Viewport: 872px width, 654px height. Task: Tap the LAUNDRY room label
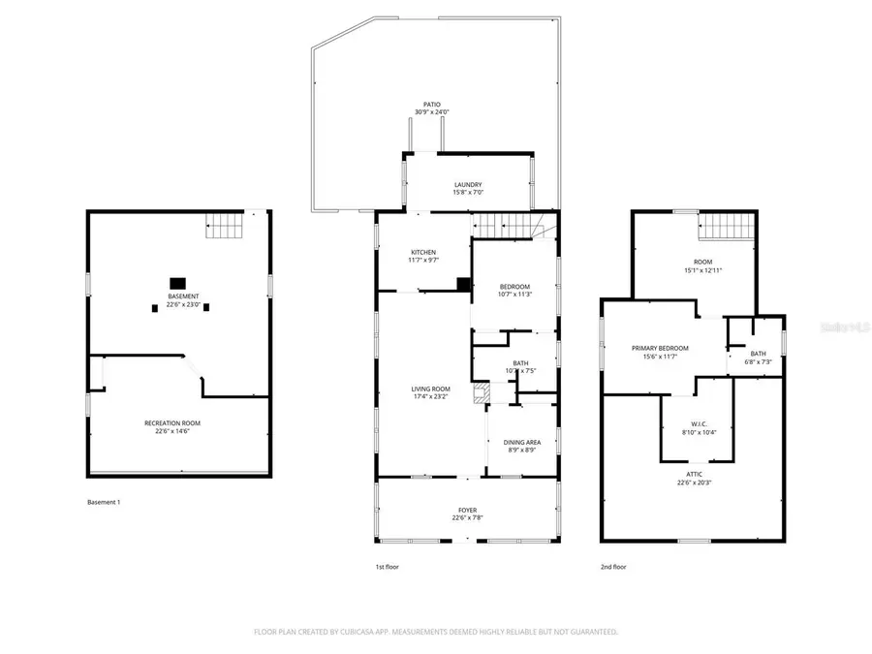tap(468, 185)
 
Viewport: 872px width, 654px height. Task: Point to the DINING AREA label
tap(521, 442)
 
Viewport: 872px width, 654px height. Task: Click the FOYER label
tap(467, 510)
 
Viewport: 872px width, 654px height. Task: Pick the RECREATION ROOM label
tap(172, 422)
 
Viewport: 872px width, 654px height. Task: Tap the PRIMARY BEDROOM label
tap(660, 348)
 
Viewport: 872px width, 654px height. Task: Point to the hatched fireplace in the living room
tap(479, 393)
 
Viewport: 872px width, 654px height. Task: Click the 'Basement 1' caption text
tap(104, 502)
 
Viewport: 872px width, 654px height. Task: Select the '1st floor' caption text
tap(387, 567)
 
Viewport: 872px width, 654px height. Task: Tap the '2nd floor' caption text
tap(613, 567)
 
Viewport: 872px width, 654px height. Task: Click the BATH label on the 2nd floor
tap(758, 354)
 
